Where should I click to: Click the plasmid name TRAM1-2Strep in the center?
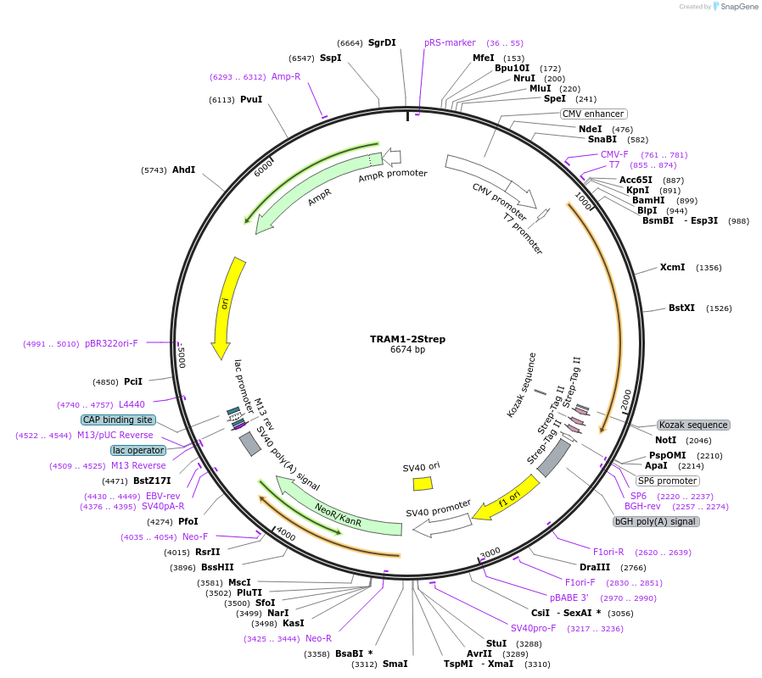pyautogui.click(x=407, y=339)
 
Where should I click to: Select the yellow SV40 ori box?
pyautogui.click(x=423, y=483)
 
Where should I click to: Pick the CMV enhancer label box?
pyautogui.click(x=593, y=114)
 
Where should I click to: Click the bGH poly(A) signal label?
pyautogui.click(x=656, y=521)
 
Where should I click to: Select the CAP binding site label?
pyautogui.click(x=118, y=420)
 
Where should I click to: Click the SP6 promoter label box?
pyautogui.click(x=667, y=481)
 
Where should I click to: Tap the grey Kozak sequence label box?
pyautogui.click(x=693, y=425)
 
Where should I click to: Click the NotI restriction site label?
pyautogui.click(x=666, y=440)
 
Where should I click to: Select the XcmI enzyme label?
pyautogui.click(x=672, y=268)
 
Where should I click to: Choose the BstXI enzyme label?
pyautogui.click(x=681, y=308)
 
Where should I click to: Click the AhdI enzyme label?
pyautogui.click(x=183, y=170)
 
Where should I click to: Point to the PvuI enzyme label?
pyautogui.click(x=251, y=100)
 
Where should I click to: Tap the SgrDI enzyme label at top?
pyautogui.click(x=382, y=42)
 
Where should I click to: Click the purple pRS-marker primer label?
pyautogui.click(x=450, y=42)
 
